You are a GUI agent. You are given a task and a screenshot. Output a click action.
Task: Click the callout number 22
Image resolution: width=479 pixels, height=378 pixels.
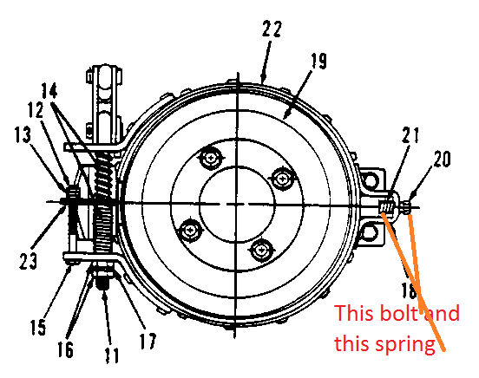pyautogui.click(x=272, y=29)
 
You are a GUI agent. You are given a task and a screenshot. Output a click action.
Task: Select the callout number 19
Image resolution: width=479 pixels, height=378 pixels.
pyautogui.click(x=318, y=61)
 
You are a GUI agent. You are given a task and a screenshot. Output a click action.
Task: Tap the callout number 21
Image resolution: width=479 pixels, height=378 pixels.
pyautogui.click(x=410, y=135)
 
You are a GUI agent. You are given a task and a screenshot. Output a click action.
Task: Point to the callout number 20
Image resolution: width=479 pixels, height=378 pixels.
pyautogui.click(x=442, y=159)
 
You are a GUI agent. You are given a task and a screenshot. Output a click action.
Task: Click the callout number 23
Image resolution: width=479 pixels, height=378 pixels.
pyautogui.click(x=28, y=260)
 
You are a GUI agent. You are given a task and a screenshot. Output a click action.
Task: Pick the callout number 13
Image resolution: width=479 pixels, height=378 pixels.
pyautogui.click(x=23, y=134)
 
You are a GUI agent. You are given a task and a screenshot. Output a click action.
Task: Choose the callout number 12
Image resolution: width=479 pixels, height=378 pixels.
pyautogui.click(x=36, y=110)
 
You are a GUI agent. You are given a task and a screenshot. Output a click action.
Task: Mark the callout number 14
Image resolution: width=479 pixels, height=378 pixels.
pyautogui.click(x=49, y=90)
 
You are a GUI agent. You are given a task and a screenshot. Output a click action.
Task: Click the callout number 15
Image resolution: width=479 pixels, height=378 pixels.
pyautogui.click(x=38, y=327)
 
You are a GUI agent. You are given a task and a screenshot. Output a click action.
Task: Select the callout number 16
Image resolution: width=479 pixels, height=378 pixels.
pyautogui.click(x=65, y=349)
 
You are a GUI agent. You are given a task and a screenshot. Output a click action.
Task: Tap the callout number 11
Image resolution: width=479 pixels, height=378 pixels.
pyautogui.click(x=111, y=355)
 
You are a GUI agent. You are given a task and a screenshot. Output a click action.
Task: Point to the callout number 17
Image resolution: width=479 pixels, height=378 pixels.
pyautogui.click(x=148, y=341)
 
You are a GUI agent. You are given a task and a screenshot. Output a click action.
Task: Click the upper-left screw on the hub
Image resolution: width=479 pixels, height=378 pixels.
pyautogui.click(x=210, y=158)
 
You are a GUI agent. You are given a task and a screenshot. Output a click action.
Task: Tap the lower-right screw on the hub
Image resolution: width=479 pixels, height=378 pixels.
pyautogui.click(x=261, y=250)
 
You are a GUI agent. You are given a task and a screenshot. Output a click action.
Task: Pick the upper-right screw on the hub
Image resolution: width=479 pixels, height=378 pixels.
pyautogui.click(x=282, y=178)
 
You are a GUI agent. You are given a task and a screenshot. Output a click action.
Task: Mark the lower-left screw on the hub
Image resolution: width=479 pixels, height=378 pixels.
pyautogui.click(x=190, y=230)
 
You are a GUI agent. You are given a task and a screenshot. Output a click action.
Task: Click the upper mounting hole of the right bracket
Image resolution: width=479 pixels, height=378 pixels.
pyautogui.click(x=370, y=179)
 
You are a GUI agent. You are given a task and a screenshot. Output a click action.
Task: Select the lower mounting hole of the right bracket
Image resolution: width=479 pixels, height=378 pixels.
pyautogui.click(x=370, y=233)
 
